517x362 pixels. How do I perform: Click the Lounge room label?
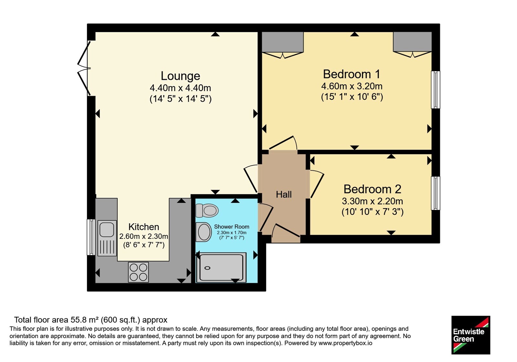point(180,76)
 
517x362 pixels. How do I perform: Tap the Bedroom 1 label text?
point(351,74)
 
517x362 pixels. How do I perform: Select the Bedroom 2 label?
point(372,189)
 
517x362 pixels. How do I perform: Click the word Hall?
point(284,194)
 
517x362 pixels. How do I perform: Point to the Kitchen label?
point(143,227)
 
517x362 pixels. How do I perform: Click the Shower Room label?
point(231,227)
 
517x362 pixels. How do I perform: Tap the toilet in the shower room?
point(207,210)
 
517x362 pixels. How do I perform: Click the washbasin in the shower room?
point(204,232)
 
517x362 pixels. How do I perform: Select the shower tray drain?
point(207,268)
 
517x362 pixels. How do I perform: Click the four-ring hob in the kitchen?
point(138,272)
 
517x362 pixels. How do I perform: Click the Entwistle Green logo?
point(470,335)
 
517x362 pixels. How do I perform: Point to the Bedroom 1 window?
point(436,90)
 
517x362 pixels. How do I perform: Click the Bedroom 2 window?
point(436,193)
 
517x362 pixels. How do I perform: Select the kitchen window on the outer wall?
point(91,237)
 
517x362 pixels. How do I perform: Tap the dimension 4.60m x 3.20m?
point(352,86)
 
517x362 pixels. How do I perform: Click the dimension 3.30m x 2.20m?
point(372,201)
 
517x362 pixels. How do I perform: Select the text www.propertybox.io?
point(345,343)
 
